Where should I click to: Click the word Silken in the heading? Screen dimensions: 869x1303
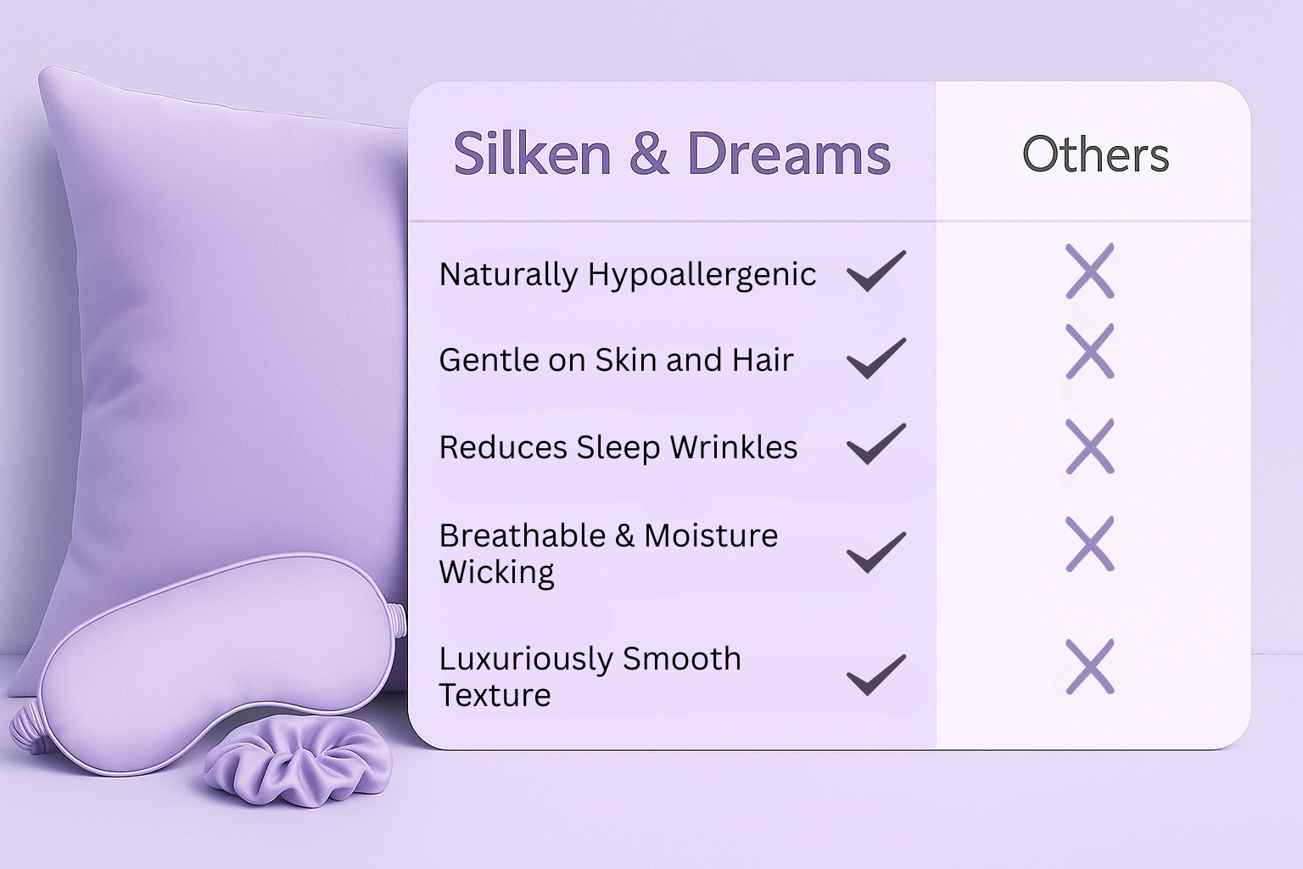click(x=532, y=154)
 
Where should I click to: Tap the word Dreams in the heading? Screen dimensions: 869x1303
click(x=788, y=154)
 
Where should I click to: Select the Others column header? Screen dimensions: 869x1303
click(x=1095, y=154)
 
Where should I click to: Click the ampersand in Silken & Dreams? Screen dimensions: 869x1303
click(x=649, y=154)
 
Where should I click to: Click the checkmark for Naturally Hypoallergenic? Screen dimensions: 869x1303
click(x=876, y=271)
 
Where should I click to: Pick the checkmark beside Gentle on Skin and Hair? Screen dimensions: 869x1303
click(x=876, y=357)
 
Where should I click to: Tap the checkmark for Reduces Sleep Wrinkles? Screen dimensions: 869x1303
click(x=876, y=444)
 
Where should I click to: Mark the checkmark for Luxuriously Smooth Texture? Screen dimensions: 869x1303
click(x=876, y=675)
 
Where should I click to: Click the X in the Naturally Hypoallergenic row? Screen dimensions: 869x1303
click(x=1090, y=271)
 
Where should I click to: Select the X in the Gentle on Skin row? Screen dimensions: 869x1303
click(x=1090, y=350)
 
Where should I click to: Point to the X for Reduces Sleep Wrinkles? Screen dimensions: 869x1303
click(x=1090, y=446)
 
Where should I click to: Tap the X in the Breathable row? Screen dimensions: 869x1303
click(x=1090, y=543)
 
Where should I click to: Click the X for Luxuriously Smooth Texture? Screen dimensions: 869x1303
click(x=1090, y=666)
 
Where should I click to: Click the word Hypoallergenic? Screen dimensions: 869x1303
click(x=702, y=275)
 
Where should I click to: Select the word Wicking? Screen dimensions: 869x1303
click(x=496, y=573)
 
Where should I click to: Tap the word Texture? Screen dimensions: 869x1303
click(x=495, y=695)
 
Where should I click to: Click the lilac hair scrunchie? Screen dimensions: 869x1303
click(x=298, y=760)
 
